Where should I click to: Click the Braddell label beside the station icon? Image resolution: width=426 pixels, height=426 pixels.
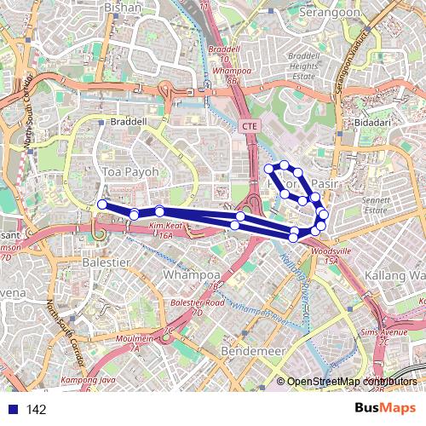point(129,122)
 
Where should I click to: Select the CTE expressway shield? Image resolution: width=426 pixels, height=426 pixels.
point(249,126)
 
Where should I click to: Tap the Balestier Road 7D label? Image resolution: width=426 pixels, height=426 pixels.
point(197,307)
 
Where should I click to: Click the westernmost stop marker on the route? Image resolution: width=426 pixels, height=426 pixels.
point(102,204)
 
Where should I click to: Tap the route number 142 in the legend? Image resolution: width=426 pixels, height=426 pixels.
point(36,410)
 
